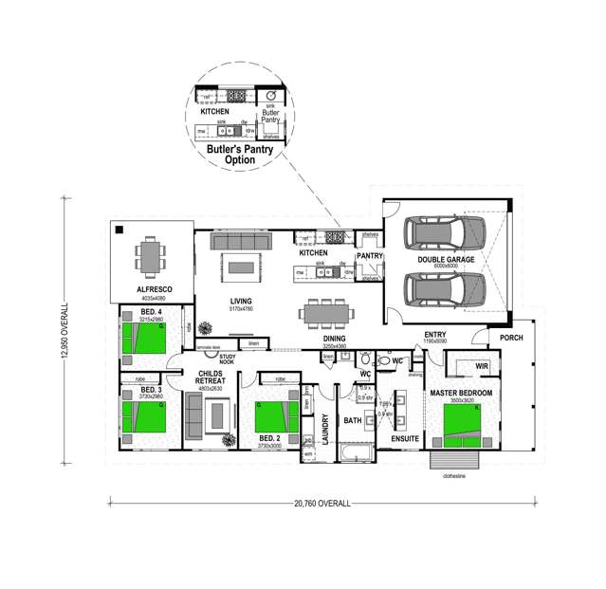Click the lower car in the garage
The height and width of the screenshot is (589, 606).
[x=444, y=288]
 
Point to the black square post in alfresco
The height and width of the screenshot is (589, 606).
[x=119, y=230]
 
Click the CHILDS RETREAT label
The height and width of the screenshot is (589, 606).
[x=209, y=377]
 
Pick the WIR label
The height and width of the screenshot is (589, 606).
[x=481, y=365]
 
